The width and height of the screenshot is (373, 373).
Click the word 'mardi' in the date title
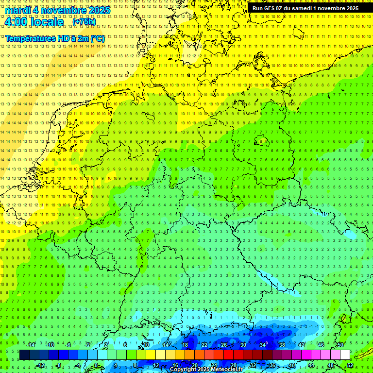click(17, 10)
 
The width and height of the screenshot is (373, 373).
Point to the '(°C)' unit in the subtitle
click(97, 38)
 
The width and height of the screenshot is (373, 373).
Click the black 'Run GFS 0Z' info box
click(305, 8)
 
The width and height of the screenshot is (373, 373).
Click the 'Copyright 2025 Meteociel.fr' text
click(206, 369)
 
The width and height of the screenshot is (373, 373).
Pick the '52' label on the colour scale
click(350, 365)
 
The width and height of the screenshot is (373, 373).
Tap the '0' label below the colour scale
click(96, 365)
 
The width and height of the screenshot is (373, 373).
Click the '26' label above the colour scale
click(224, 345)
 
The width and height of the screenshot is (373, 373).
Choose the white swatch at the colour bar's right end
click(345, 355)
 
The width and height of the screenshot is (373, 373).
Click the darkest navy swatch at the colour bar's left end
click(24, 355)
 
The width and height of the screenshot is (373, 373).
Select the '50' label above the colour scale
click(340, 345)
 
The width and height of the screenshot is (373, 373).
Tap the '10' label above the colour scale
click(146, 345)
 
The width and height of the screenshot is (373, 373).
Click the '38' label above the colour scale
click(282, 345)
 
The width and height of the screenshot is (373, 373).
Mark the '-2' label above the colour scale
click(88, 345)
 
